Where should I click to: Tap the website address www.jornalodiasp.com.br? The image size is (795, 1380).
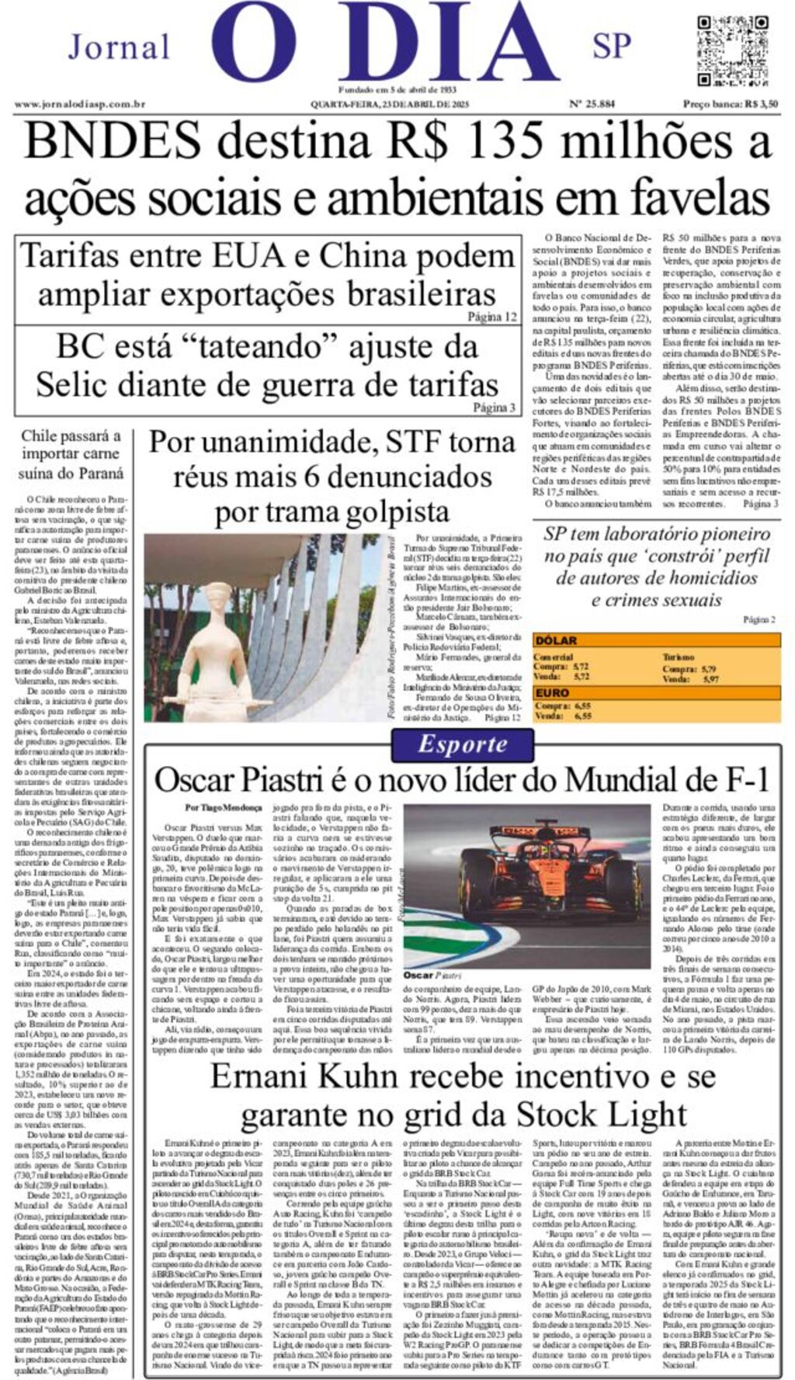coord(79,104)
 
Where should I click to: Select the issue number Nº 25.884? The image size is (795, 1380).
coord(592,103)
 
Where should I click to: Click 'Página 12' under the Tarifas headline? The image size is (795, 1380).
coord(491,317)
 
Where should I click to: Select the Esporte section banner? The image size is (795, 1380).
coord(463,744)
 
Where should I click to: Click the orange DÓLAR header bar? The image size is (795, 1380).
coord(656,640)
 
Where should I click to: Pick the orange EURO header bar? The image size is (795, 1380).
coord(656,692)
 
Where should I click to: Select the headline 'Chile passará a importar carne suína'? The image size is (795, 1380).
coord(71,454)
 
